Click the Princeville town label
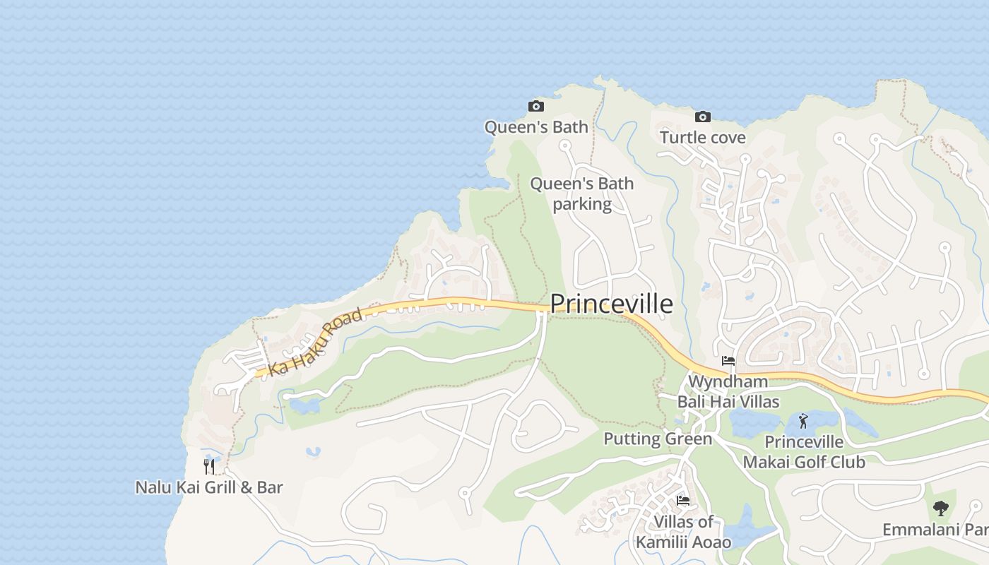click(611, 304)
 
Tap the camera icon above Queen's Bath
click(536, 107)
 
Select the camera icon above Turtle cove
click(702, 117)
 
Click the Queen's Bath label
click(536, 127)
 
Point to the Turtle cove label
click(702, 137)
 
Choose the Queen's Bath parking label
click(582, 194)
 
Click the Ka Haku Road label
click(316, 342)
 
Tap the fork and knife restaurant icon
click(209, 466)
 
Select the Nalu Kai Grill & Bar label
click(209, 487)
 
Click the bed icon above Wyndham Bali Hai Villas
click(728, 361)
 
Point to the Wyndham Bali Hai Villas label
click(728, 392)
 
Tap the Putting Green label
click(658, 439)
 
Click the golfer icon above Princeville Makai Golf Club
click(803, 422)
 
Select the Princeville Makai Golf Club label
click(804, 452)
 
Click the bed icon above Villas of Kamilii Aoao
click(683, 501)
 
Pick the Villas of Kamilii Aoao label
click(683, 532)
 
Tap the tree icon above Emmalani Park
click(940, 508)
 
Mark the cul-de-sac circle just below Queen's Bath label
click(564, 146)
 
